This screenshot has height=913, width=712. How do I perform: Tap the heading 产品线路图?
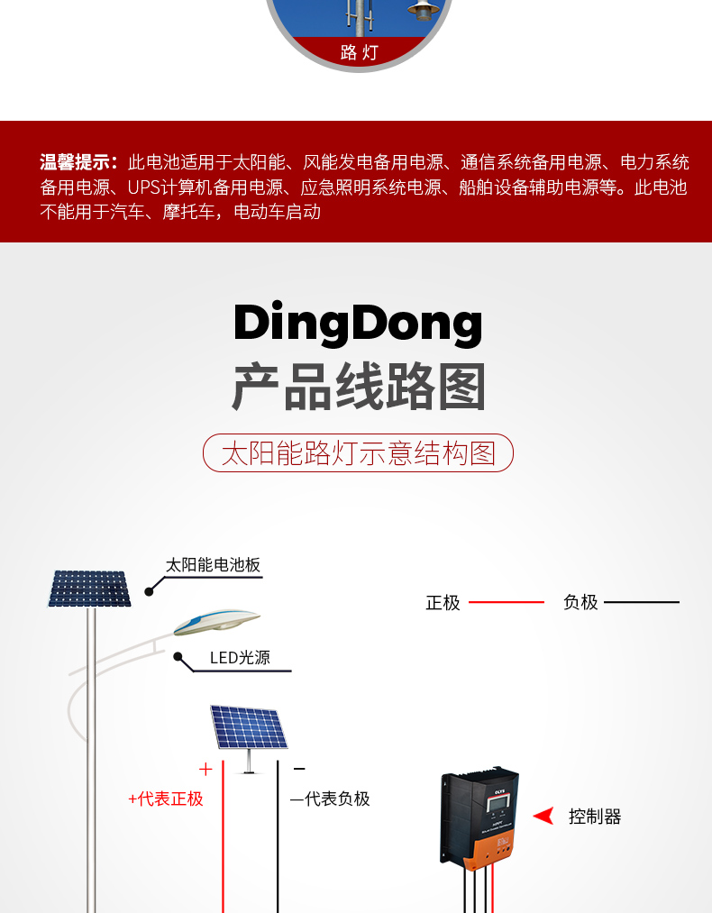pos(358,388)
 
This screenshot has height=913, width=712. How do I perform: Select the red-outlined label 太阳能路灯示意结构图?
pos(358,452)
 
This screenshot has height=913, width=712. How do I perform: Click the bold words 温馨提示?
pos(78,163)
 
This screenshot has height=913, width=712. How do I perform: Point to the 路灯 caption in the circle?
pos(359,52)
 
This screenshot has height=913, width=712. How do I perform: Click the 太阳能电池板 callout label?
pos(213,565)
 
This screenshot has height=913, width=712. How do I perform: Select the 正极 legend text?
pos(443,603)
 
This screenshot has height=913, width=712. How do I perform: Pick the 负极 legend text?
pos(580,603)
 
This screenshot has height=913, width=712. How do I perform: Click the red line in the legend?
pos(507,602)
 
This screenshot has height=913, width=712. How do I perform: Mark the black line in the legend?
pos(642,602)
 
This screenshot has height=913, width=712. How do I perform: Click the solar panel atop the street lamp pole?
pos(88,589)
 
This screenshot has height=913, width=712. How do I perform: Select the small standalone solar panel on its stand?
pos(248,728)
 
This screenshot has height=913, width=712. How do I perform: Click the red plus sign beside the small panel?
pos(205,769)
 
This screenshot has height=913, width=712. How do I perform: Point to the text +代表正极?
pos(166,799)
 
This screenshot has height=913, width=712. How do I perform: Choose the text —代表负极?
pos(330,799)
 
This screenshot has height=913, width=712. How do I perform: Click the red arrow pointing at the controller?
pos(543,817)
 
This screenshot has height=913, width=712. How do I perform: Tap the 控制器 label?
pos(595,817)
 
